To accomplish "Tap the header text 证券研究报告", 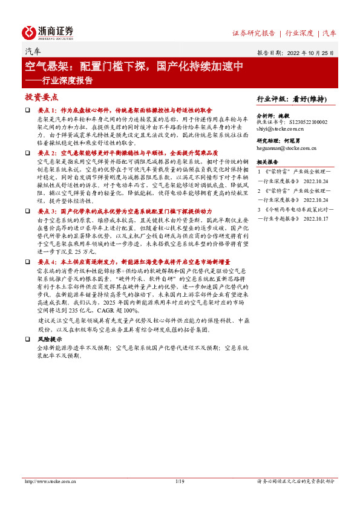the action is point(254,33).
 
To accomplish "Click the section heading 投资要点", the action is point(41,97).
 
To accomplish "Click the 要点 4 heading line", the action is point(133,263).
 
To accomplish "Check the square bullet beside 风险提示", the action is point(27,340).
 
